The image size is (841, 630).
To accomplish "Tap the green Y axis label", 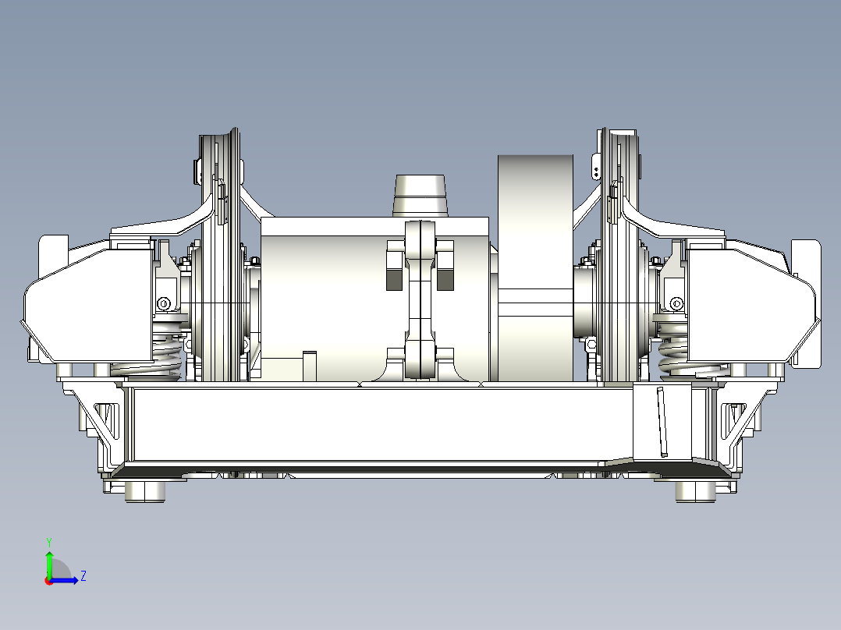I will (48, 541).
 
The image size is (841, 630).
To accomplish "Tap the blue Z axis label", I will (83, 576).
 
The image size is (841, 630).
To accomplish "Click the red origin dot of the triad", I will (48, 580).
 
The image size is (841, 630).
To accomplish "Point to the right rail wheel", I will (621, 257).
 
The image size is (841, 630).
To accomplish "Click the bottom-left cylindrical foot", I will (146, 491).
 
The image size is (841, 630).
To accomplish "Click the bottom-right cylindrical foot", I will (694, 491).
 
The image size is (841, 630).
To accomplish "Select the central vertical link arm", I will (420, 300).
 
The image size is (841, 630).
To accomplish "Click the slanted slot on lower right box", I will (662, 421).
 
